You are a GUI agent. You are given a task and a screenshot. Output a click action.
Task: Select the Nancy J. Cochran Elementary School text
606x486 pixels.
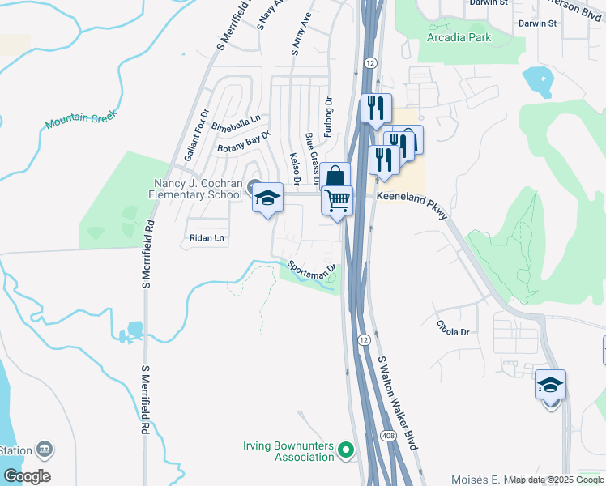(195, 189)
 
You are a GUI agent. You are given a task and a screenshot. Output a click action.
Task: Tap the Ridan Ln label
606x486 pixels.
(206, 238)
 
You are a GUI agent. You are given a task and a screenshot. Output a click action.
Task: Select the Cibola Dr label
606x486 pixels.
(453, 332)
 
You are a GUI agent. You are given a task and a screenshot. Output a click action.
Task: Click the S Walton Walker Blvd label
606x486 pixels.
(397, 403)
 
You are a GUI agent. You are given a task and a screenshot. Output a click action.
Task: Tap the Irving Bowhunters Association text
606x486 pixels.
(289, 451)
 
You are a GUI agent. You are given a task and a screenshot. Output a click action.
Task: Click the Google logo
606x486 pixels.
(28, 476)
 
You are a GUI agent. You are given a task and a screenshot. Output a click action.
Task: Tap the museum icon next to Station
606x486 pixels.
(45, 450)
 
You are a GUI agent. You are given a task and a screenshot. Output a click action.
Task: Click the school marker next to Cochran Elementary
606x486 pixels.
(268, 198)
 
